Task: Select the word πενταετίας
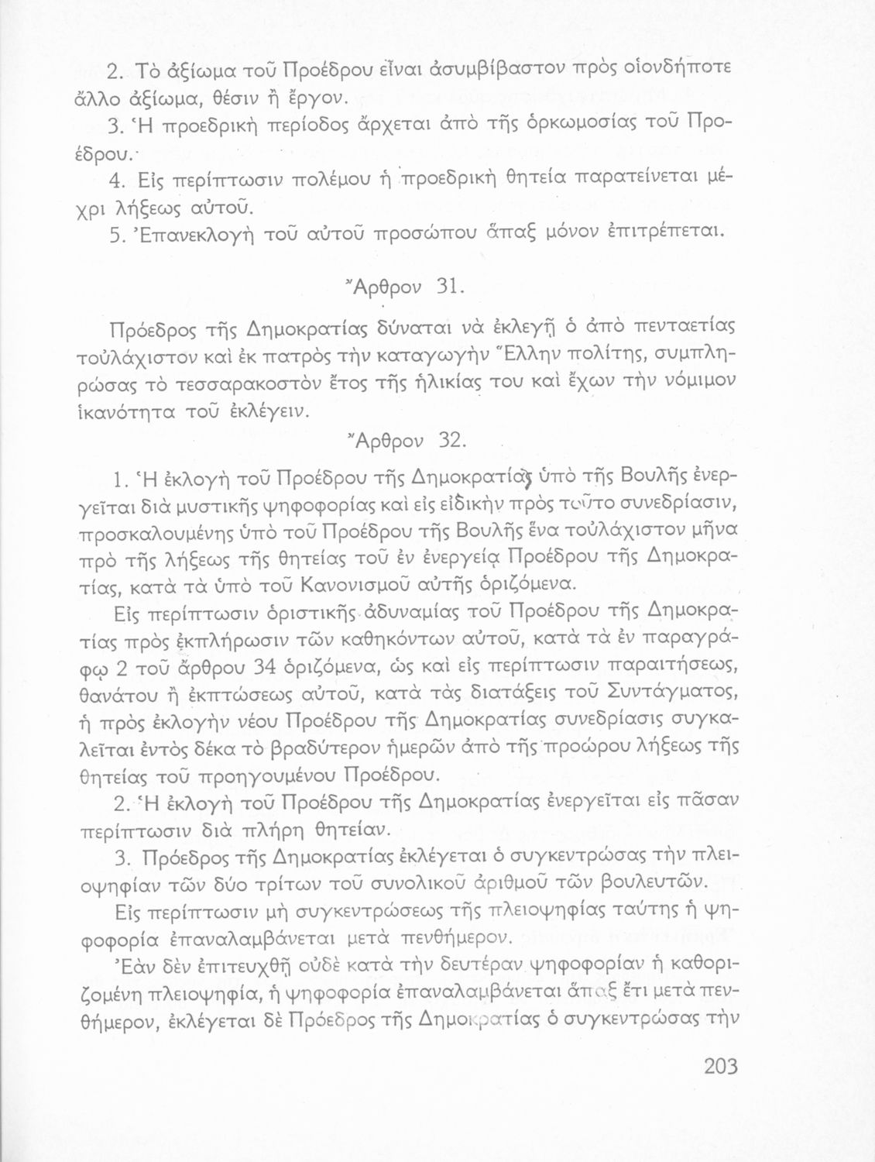685,325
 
